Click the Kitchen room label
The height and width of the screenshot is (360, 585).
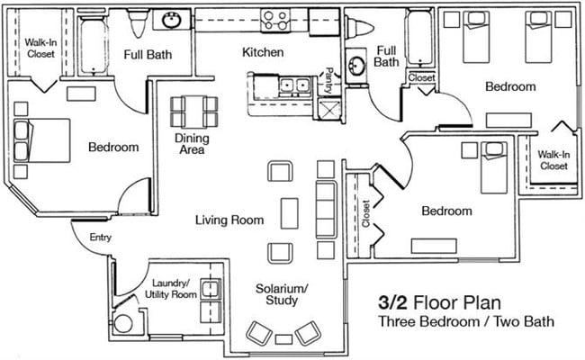(x=263, y=52)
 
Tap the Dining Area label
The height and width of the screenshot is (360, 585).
(x=191, y=143)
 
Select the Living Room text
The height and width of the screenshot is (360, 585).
(x=230, y=220)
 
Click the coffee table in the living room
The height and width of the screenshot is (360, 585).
(x=289, y=212)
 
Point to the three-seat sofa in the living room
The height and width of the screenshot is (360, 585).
(x=326, y=209)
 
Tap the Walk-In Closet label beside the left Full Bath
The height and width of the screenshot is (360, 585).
(x=40, y=47)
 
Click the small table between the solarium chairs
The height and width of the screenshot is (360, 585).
(x=284, y=339)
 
